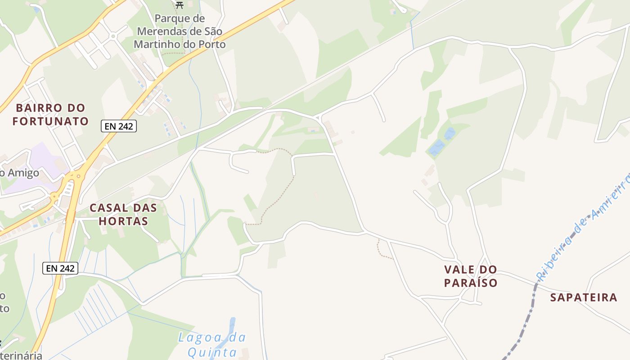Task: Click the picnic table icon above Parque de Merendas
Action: (x=180, y=5)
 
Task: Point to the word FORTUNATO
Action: (x=50, y=121)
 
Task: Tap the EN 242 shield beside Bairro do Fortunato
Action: (x=119, y=126)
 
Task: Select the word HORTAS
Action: (x=123, y=221)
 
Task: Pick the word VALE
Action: (x=459, y=270)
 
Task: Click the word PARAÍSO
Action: (x=471, y=283)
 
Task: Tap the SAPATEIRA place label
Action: (x=584, y=297)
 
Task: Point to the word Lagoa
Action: (x=201, y=337)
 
